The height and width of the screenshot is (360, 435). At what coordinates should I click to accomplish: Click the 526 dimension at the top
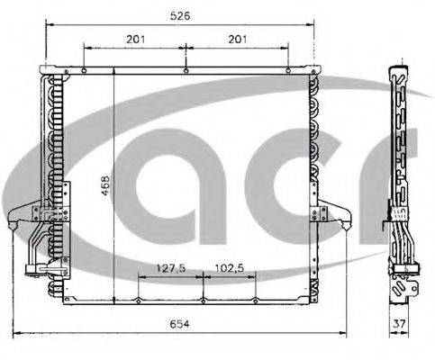[183, 15]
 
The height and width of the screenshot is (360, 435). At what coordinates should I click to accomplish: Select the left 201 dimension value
[134, 40]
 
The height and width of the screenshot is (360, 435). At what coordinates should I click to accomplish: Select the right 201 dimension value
[238, 40]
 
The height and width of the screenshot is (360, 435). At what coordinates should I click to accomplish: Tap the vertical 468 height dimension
[105, 187]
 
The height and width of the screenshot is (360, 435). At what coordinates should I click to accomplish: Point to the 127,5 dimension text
[170, 267]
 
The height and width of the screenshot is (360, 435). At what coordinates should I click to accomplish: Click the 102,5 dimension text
[230, 267]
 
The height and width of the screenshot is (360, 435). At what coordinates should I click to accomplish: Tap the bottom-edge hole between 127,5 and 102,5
[204, 300]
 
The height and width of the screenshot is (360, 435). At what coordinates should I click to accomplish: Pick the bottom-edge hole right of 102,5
[256, 300]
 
